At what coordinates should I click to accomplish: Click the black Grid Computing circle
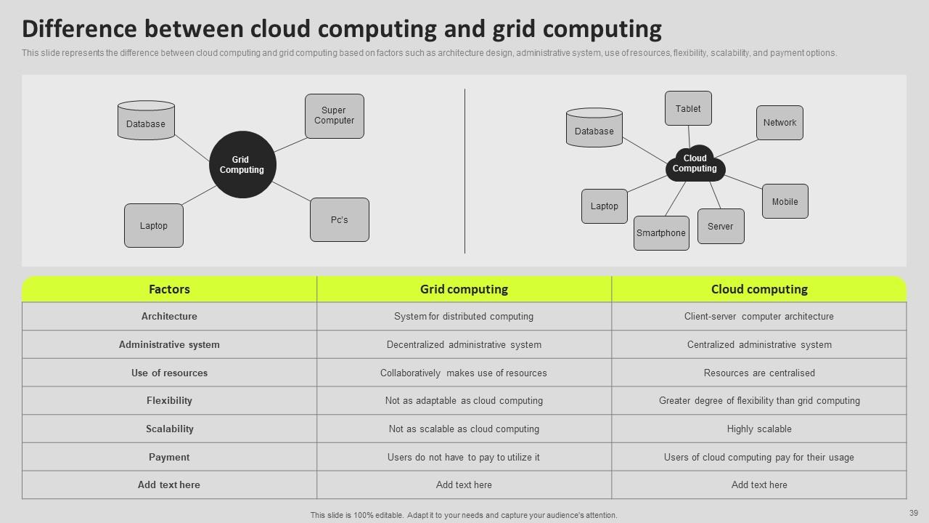[x=242, y=164]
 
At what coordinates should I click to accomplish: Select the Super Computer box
[x=334, y=116]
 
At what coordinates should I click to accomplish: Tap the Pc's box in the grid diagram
[x=339, y=219]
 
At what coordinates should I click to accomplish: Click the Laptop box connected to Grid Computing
[x=154, y=225]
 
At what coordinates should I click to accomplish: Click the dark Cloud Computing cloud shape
[x=695, y=164]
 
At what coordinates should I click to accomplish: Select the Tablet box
[x=688, y=108]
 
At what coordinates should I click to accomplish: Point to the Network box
[x=779, y=123]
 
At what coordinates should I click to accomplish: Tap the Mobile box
[x=785, y=201]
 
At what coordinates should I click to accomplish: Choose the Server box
[x=720, y=226]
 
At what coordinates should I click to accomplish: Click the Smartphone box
[x=661, y=233]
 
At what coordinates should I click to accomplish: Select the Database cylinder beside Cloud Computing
[x=594, y=129]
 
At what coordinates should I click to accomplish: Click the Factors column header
[x=169, y=289]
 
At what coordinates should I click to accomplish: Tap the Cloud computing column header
[x=759, y=289]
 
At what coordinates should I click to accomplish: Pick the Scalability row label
[x=169, y=429]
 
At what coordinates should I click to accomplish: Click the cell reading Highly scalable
[x=759, y=429]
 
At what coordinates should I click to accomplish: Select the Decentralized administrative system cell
[x=464, y=344]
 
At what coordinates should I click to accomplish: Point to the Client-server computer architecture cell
[x=759, y=317]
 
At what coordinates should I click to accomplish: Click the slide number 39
[x=914, y=514]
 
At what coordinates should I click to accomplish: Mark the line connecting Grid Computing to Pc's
[x=292, y=191]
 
